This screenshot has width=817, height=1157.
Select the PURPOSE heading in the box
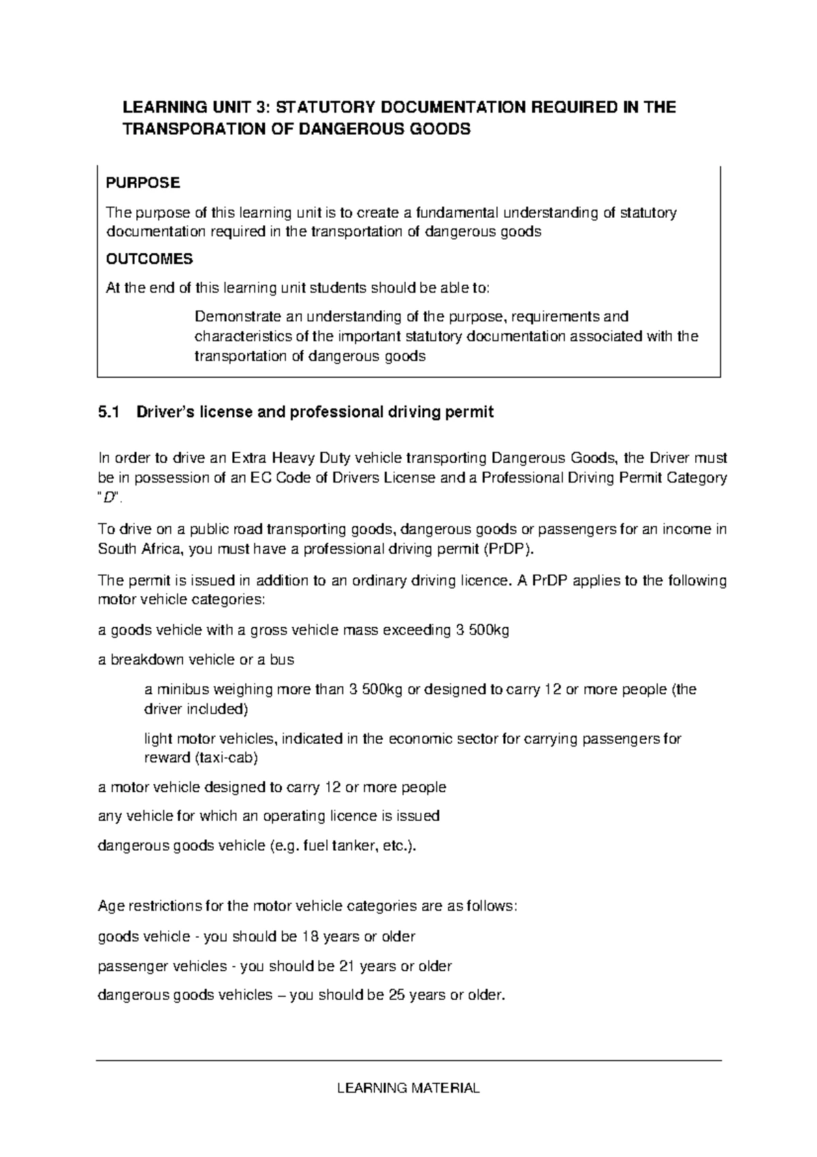tap(143, 183)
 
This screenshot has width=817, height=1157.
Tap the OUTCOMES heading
tap(150, 259)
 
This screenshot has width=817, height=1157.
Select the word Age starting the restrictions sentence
tap(111, 907)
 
